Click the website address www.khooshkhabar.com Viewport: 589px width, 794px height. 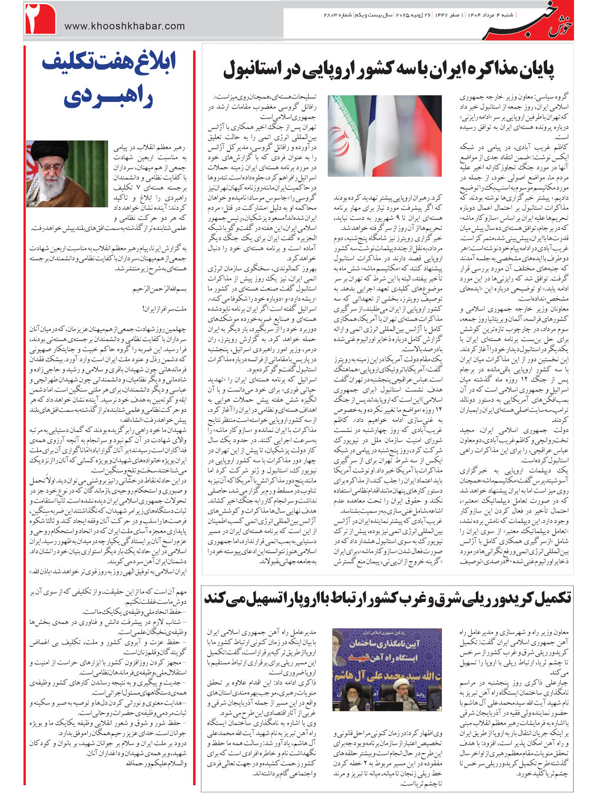[x=124, y=26]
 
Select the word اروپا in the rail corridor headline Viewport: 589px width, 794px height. [x=303, y=598]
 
